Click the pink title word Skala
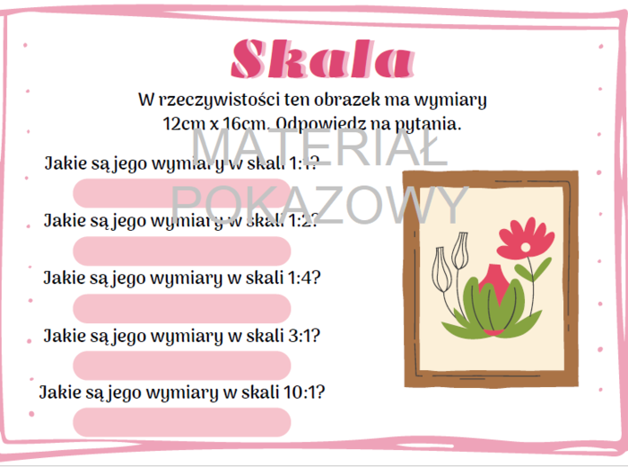(320, 58)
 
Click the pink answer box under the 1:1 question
(181, 192)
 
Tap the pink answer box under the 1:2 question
(181, 251)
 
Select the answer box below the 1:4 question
(181, 307)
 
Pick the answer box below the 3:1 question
(181, 365)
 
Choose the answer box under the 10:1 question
(181, 421)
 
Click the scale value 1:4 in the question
(303, 278)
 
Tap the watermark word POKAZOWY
(320, 205)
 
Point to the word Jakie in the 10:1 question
(61, 392)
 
